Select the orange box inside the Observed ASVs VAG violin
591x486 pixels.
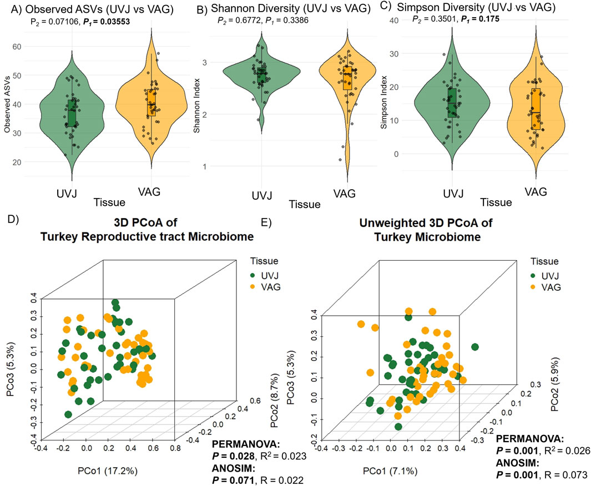(151, 102)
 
